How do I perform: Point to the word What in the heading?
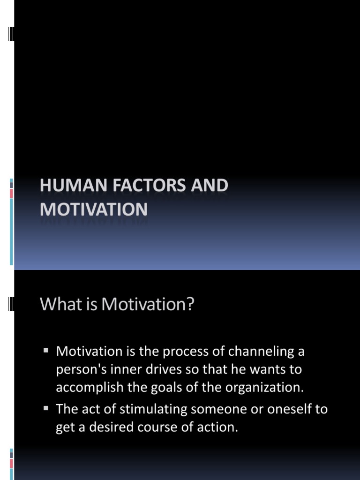pos(58,305)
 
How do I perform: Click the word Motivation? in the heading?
pos(148,305)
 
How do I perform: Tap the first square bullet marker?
pos(46,350)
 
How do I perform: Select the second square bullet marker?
pos(46,408)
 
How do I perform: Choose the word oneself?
pos(289,409)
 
